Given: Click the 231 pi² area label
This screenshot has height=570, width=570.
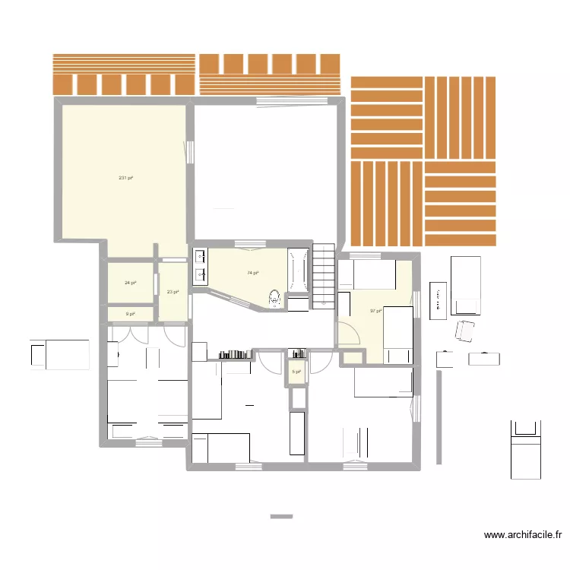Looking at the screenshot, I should tap(125, 178).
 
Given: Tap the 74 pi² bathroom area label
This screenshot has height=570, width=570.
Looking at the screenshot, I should tap(253, 273).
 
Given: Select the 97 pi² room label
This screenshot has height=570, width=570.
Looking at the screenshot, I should tap(375, 311).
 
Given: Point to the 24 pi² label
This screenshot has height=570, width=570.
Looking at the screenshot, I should tap(131, 283).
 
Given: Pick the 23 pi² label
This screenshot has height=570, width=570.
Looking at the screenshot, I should tap(173, 291).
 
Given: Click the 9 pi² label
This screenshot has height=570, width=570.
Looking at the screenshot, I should tap(130, 313).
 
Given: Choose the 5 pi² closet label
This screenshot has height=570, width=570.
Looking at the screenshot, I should tap(296, 372).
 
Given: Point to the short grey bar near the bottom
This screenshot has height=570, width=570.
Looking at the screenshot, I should tap(281, 517).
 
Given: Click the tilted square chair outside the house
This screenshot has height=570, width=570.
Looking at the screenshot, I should tap(464, 332).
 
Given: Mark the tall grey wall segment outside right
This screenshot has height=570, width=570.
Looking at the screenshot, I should tap(439, 417).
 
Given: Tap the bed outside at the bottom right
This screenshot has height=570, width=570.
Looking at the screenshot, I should tap(525, 449).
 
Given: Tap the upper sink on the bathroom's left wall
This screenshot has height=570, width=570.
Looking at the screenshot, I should tap(201, 256).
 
